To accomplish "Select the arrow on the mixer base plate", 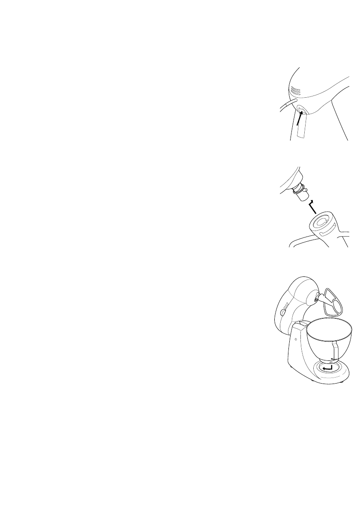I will [x=328, y=368].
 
